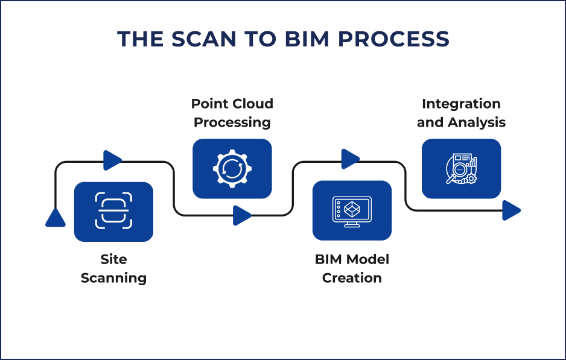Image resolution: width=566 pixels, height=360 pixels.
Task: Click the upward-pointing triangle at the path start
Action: click(x=56, y=218)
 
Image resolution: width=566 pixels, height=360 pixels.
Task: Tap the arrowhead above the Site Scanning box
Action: click(x=113, y=160)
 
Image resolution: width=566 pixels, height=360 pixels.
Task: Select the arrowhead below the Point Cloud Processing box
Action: click(x=242, y=215)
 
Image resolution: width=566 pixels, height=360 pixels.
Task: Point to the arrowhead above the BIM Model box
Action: click(x=351, y=159)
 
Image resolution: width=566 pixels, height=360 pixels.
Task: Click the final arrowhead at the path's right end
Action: click(x=511, y=210)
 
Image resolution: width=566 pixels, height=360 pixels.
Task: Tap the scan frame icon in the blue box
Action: click(x=113, y=211)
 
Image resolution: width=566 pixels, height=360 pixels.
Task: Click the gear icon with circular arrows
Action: click(x=232, y=168)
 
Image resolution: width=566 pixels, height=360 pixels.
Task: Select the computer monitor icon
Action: click(x=352, y=210)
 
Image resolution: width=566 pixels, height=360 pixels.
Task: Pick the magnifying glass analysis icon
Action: click(x=461, y=169)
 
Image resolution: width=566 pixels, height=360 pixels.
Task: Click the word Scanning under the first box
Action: click(x=113, y=278)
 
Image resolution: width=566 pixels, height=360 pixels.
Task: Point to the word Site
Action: click(x=113, y=259)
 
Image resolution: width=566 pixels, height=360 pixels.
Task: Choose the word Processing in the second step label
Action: click(x=232, y=122)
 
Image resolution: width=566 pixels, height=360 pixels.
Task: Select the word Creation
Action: click(x=352, y=278)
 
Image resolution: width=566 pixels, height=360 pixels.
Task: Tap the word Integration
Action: click(x=461, y=104)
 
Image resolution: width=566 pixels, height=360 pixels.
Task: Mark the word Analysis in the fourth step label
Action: click(x=476, y=122)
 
